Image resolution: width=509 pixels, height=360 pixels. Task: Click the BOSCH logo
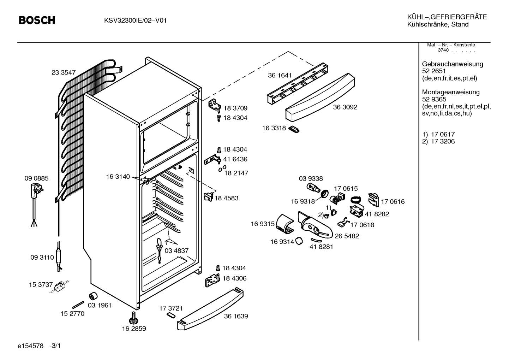37,20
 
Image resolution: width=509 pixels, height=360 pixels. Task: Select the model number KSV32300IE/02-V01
136,21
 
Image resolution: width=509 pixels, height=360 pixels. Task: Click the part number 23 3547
64,72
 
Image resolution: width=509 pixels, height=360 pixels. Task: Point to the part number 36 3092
345,107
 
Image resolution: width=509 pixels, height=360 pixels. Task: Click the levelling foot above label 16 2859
133,318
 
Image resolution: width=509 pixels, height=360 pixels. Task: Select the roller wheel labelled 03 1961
93,296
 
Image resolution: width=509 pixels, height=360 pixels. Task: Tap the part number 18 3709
235,108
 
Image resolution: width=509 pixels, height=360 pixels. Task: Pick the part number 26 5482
347,236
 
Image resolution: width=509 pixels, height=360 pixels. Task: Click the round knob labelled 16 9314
299,241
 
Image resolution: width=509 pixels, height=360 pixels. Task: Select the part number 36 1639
236,316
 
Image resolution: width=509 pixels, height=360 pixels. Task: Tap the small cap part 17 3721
171,315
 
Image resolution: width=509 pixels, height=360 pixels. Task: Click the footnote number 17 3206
443,141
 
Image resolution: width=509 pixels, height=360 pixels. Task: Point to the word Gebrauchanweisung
453,64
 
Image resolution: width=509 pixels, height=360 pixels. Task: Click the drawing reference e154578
30,346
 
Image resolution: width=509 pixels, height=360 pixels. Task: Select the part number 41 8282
377,214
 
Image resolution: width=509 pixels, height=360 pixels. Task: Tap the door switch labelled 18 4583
209,197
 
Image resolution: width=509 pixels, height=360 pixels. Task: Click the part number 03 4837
176,250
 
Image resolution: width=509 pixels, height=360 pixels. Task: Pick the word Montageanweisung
451,92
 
